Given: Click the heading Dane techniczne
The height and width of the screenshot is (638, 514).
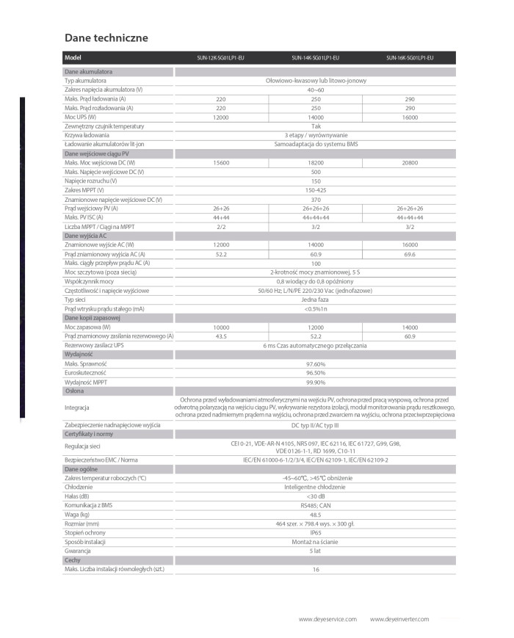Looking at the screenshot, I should tap(106, 37).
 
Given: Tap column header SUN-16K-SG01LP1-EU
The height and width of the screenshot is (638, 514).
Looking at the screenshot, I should tap(410, 58).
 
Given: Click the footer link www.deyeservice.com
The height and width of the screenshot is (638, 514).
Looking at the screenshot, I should tap(327, 620).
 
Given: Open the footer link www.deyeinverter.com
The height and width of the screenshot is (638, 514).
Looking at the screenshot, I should tap(399, 620).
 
